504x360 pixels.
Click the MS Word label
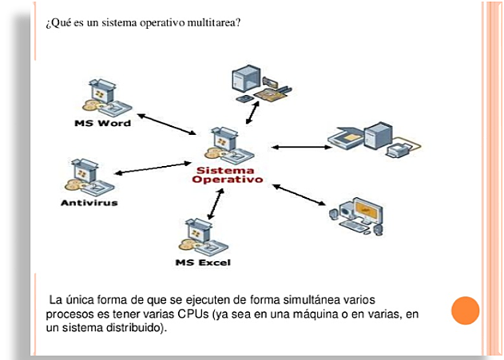click(x=102, y=123)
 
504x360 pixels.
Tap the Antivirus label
click(x=89, y=203)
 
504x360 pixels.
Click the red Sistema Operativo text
click(x=228, y=175)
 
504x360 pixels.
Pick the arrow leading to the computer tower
click(x=252, y=113)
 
